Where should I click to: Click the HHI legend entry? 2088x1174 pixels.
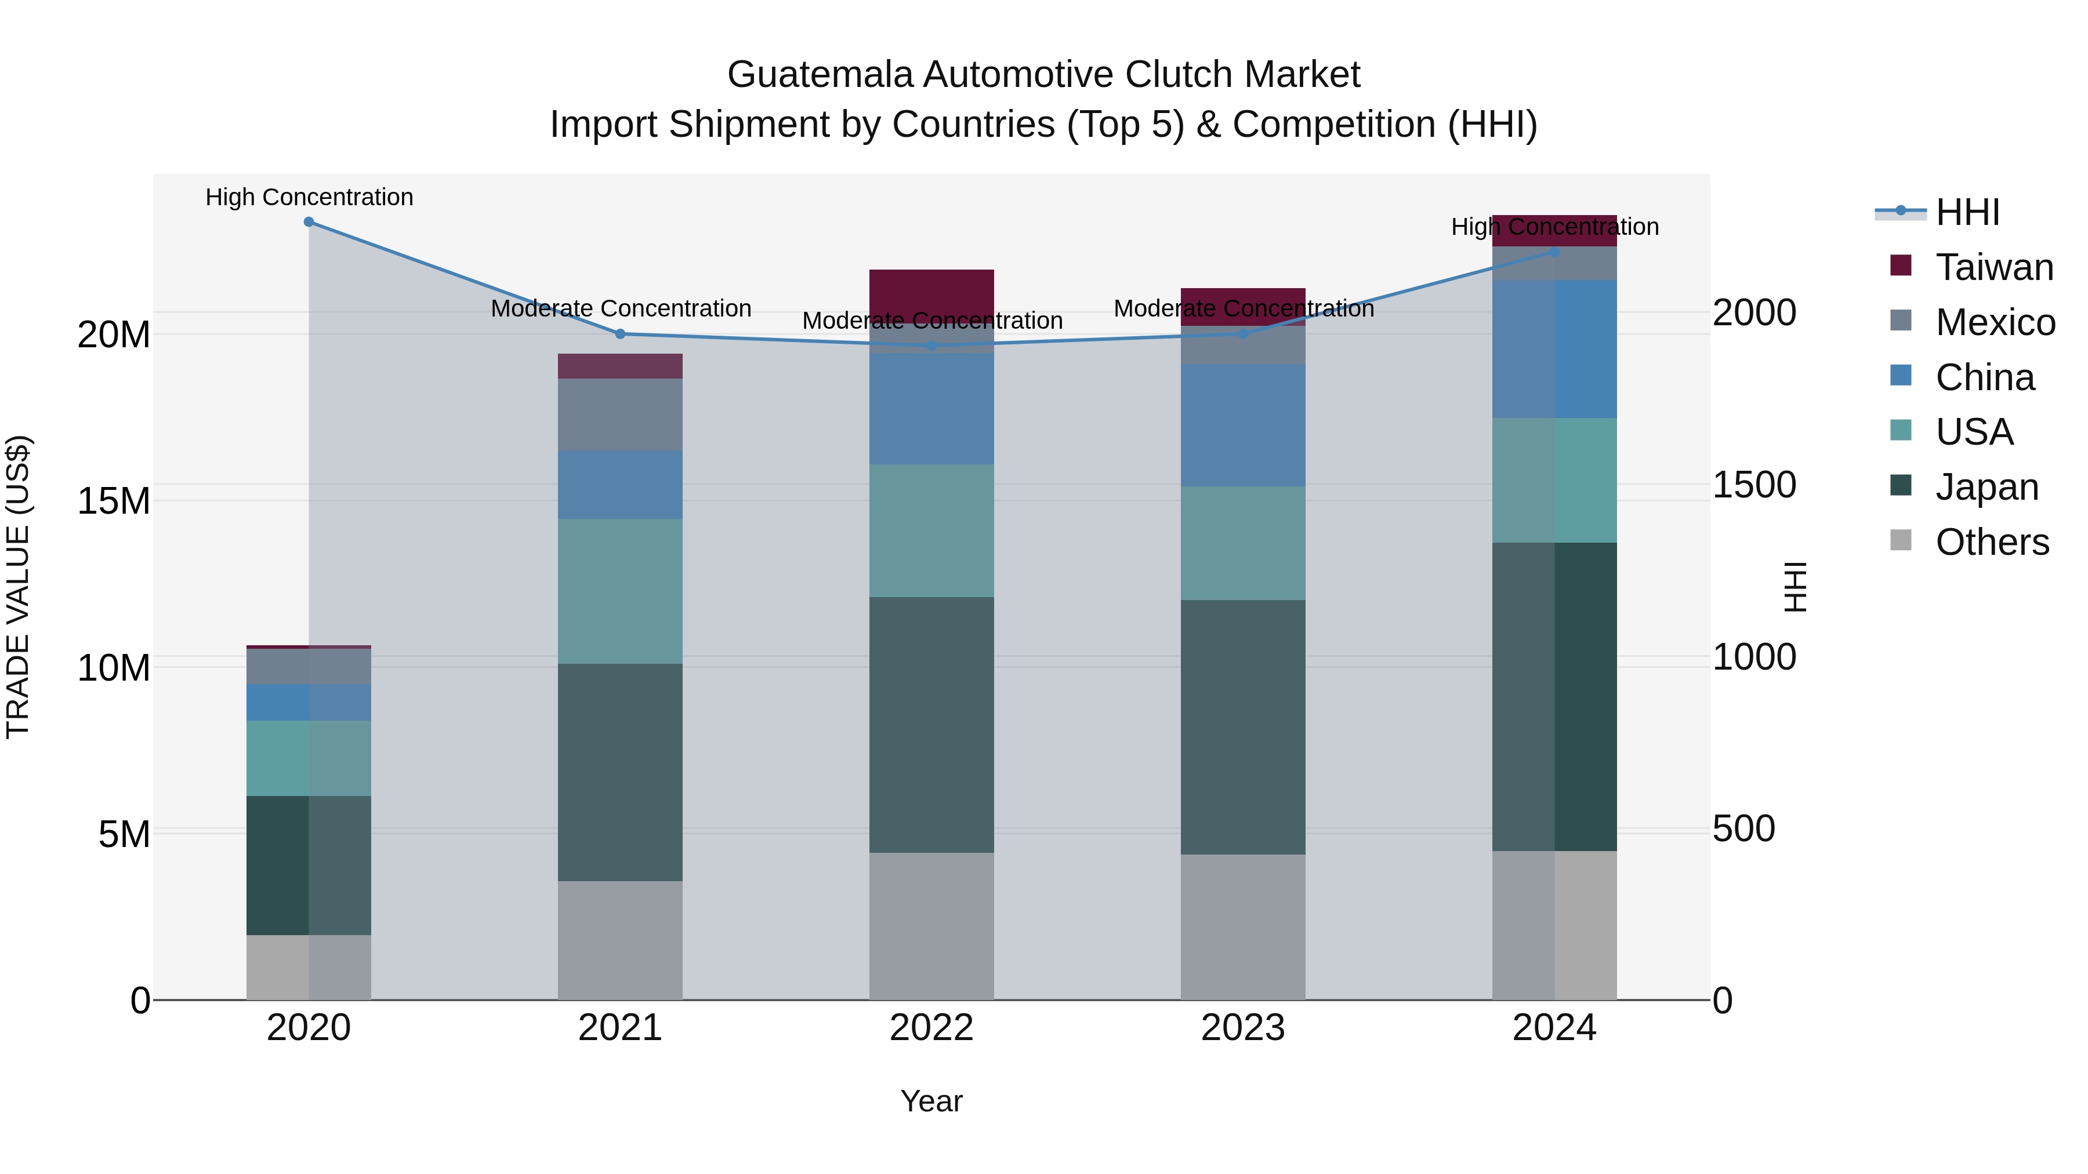(x=1966, y=212)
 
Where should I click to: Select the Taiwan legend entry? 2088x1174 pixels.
(x=1993, y=267)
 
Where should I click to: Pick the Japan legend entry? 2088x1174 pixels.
(x=1986, y=487)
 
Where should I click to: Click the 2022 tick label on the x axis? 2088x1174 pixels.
(x=931, y=1028)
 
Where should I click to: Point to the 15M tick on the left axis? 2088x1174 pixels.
(x=114, y=501)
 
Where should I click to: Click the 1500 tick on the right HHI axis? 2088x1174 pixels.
(x=1754, y=485)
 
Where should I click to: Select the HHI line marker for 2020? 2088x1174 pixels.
(x=309, y=221)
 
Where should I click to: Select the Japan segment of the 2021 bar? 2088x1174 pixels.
(x=620, y=772)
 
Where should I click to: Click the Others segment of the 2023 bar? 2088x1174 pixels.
(x=1242, y=927)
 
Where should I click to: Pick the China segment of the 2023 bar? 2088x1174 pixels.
(x=1242, y=426)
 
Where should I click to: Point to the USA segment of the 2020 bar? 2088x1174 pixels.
(x=309, y=758)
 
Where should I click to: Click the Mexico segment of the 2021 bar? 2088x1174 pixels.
(x=620, y=414)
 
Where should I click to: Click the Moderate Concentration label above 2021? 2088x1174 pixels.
(x=621, y=308)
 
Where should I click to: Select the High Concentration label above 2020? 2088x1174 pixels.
(x=309, y=197)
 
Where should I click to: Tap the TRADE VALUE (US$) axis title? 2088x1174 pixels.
(x=18, y=587)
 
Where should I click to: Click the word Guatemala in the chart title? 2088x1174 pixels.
(x=820, y=75)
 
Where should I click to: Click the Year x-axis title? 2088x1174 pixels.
(x=931, y=1101)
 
